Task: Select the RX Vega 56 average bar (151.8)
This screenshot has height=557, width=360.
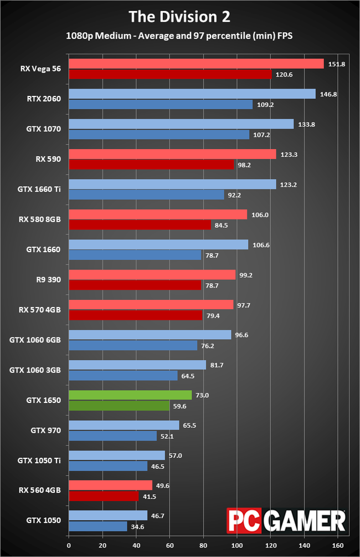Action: point(196,64)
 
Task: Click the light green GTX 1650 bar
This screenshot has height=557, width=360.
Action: point(130,395)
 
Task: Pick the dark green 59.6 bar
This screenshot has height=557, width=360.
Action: point(119,405)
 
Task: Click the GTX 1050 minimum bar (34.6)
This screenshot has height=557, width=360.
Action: point(97,526)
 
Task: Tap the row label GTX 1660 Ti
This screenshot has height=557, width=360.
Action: point(42,190)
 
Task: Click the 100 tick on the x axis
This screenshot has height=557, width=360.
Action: point(237,545)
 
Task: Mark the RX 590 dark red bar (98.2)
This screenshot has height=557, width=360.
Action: point(151,165)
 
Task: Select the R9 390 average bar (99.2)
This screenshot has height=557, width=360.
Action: point(152,274)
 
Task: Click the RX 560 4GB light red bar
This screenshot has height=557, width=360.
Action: point(110,485)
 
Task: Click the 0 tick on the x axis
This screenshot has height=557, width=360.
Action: point(68,545)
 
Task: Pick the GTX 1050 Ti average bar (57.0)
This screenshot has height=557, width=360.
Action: point(116,455)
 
